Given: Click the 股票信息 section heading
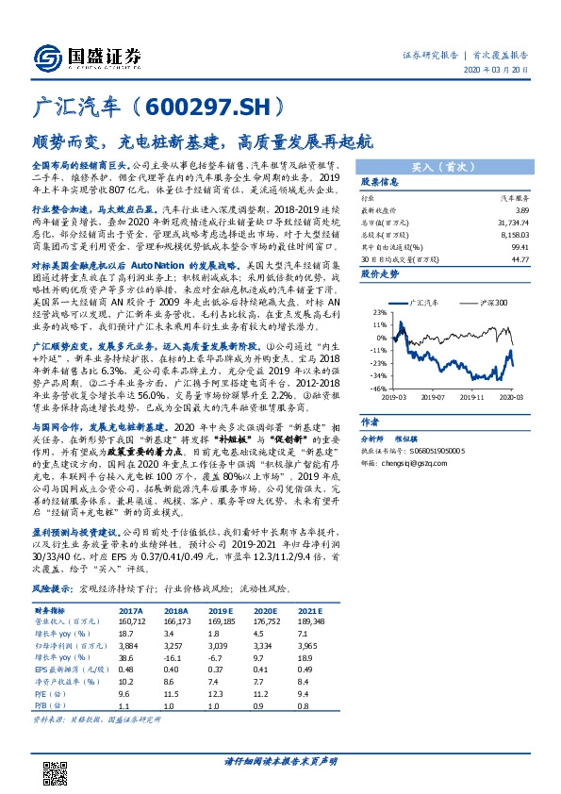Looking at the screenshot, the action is (x=380, y=181).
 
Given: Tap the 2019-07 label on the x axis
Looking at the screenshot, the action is (x=434, y=397).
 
